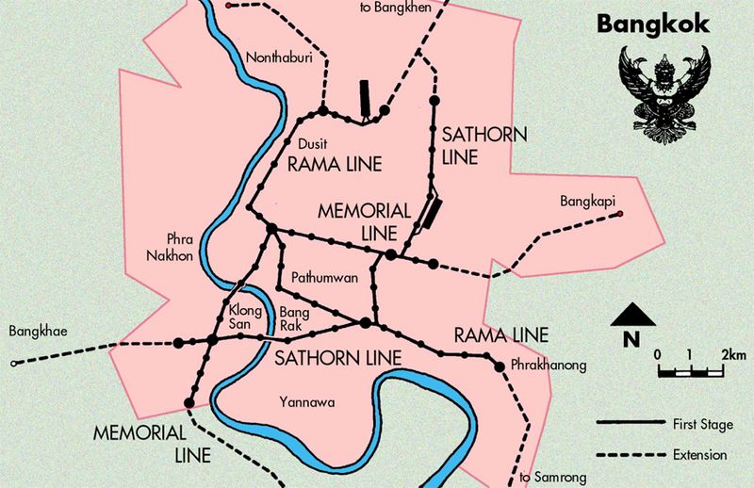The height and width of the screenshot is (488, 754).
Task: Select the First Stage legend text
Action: coord(702,426)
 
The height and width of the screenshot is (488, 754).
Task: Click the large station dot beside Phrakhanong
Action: coord(500,365)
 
